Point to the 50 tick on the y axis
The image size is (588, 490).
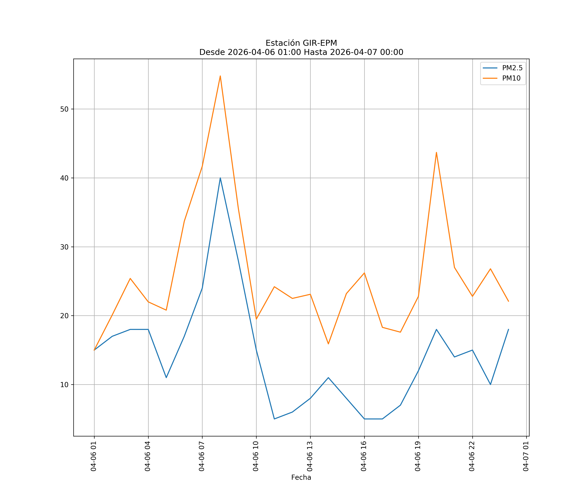tap(64, 109)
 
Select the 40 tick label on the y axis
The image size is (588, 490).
tap(64, 178)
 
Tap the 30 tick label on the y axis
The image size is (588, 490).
tap(64, 247)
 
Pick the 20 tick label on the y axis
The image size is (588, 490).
tap(64, 316)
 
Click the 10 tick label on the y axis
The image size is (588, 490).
tap(64, 385)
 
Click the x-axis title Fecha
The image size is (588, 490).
tap(301, 477)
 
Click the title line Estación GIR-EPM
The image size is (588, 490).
tap(301, 43)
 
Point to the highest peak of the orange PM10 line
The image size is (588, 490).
tap(220, 76)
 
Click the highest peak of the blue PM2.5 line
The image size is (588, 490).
tap(220, 178)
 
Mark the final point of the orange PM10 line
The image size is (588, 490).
tap(508, 301)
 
